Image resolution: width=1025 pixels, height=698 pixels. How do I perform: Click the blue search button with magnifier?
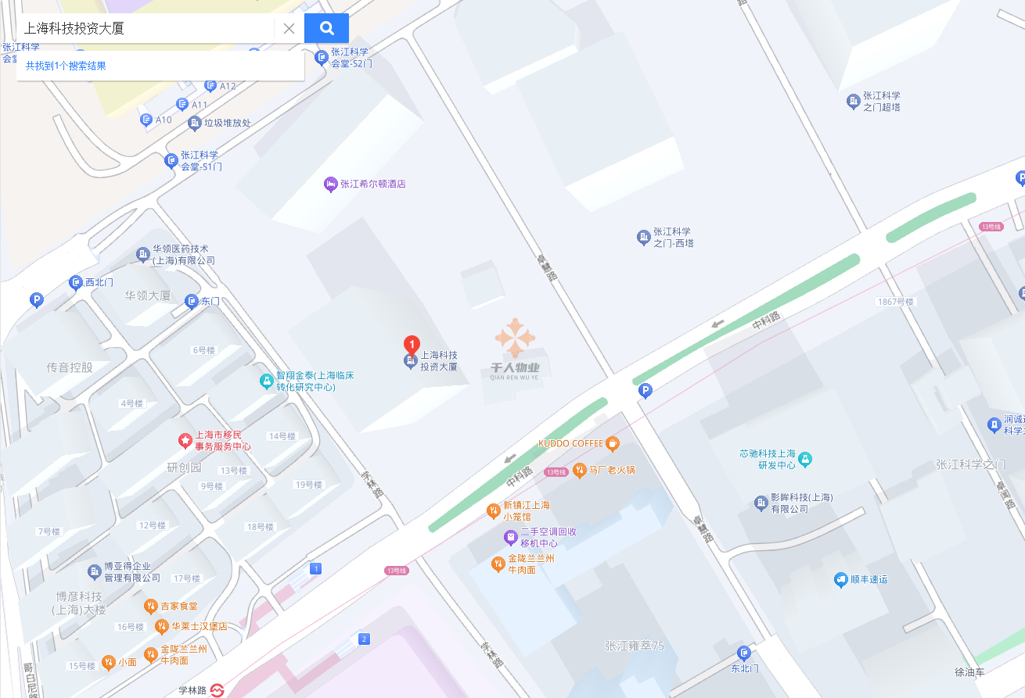point(326,29)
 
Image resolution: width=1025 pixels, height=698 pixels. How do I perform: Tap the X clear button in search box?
point(289,29)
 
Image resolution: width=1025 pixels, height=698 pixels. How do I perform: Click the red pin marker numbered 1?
point(411,345)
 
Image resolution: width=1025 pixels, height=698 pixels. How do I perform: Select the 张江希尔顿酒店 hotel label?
point(372,184)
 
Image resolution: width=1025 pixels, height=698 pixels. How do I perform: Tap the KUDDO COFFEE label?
point(570,444)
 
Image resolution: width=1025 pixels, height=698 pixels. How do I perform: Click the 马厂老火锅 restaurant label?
point(611,470)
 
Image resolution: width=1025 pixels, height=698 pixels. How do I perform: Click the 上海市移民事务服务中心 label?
point(222,442)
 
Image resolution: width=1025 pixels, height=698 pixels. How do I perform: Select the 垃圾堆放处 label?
point(227,123)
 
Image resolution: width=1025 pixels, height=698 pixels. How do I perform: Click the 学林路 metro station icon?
point(217,690)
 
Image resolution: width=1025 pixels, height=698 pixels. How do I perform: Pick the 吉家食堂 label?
point(178,606)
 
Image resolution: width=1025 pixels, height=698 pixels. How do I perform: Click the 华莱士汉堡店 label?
point(199,626)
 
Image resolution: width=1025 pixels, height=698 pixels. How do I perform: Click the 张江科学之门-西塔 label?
point(673,237)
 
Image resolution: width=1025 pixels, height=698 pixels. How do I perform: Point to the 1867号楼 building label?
point(895,302)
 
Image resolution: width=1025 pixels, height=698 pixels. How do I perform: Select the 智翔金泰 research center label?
point(315,381)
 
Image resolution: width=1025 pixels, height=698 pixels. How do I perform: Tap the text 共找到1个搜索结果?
point(66,66)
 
